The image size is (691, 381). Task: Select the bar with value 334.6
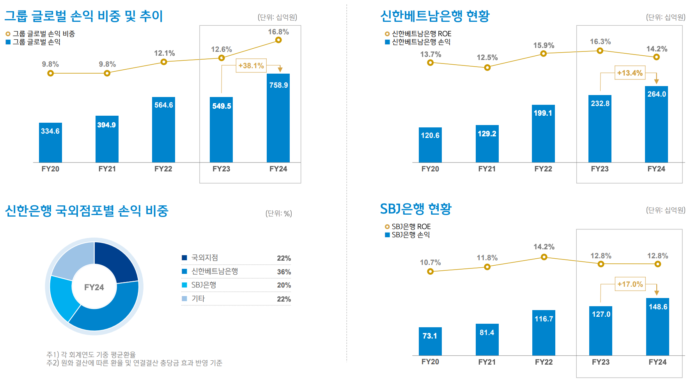click(50, 143)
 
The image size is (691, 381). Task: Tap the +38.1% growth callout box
click(251, 66)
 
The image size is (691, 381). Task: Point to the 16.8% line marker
click(278, 40)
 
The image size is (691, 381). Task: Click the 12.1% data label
click(164, 53)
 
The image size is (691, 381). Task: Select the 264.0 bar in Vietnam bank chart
click(656, 124)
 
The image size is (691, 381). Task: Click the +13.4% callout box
click(630, 73)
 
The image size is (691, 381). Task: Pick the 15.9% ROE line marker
click(544, 54)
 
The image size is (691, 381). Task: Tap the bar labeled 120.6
click(430, 145)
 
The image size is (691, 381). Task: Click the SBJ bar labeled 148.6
click(657, 327)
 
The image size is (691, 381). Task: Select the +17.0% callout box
click(630, 284)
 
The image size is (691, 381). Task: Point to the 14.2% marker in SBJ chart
click(544, 257)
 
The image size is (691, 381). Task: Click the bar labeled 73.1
click(430, 341)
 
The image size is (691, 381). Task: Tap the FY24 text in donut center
click(94, 288)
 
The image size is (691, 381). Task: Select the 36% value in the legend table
click(284, 272)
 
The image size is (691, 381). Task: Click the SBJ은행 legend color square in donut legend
click(184, 285)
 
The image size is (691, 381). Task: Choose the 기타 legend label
click(198, 299)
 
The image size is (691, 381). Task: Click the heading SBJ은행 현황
click(416, 209)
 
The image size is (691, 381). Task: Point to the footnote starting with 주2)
click(134, 363)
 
